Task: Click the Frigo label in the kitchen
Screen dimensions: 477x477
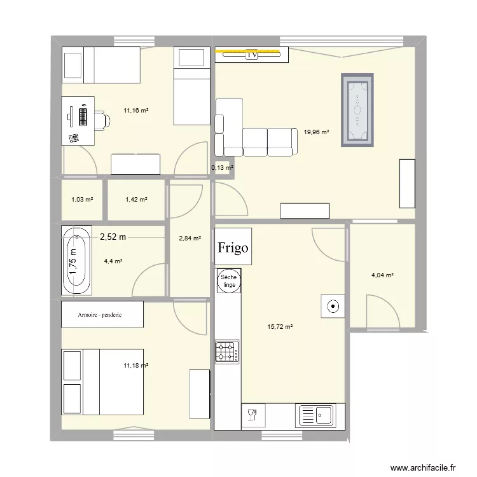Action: click(x=233, y=247)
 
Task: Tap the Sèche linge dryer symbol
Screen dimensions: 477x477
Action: click(x=228, y=281)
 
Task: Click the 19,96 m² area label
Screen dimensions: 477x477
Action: click(x=316, y=132)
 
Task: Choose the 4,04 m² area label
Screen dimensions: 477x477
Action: click(x=382, y=275)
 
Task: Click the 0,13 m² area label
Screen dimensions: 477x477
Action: click(x=222, y=168)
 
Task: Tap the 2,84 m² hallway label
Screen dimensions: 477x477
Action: click(x=190, y=238)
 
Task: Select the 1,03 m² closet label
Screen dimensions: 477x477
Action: click(x=82, y=200)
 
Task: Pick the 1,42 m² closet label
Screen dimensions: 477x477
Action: click(x=136, y=200)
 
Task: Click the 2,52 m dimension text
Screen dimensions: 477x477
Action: click(x=113, y=237)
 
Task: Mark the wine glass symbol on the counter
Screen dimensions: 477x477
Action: click(x=252, y=416)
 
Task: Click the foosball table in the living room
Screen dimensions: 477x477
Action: click(x=357, y=110)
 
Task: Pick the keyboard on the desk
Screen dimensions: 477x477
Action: click(x=83, y=116)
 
